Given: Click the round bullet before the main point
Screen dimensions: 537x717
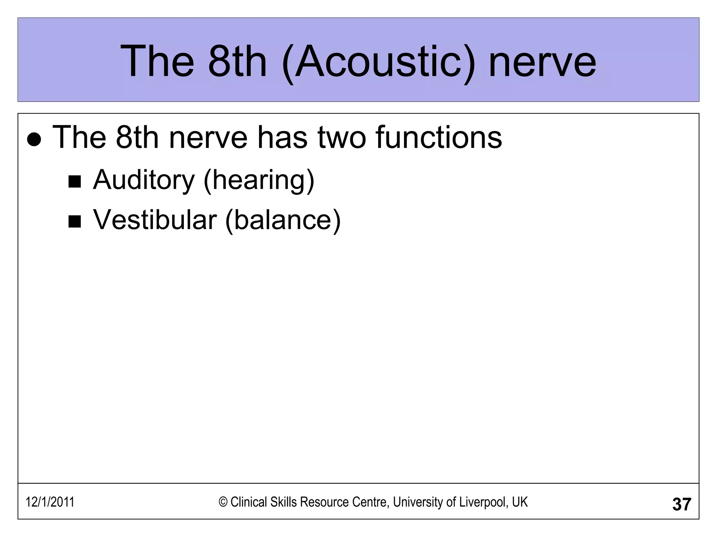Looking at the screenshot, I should pyautogui.click(x=34, y=140).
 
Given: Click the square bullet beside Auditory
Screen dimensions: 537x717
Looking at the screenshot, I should pyautogui.click(x=75, y=182).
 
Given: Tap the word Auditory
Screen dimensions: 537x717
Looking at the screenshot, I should pyautogui.click(x=144, y=180).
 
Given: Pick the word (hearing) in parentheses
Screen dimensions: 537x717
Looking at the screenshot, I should pyautogui.click(x=259, y=180).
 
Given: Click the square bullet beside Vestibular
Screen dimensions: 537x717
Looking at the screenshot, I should pyautogui.click(x=75, y=222).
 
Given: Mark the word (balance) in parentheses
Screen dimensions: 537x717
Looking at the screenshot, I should pyautogui.click(x=283, y=220).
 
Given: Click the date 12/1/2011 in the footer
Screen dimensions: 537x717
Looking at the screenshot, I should pyautogui.click(x=50, y=502).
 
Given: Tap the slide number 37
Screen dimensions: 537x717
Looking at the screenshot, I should pyautogui.click(x=681, y=504).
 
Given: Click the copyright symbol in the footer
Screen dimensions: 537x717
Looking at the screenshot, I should pyautogui.click(x=223, y=502).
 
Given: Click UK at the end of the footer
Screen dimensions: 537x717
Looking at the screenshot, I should pyautogui.click(x=520, y=502).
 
